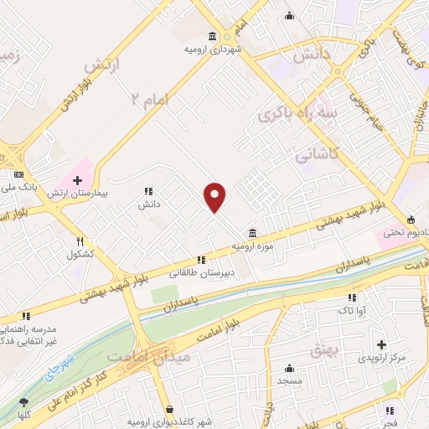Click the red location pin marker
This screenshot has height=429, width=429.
pyautogui.click(x=216, y=196)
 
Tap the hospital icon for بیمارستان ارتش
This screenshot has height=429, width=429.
pyautogui.click(x=76, y=179)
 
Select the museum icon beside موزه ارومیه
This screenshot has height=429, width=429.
pyautogui.click(x=252, y=233)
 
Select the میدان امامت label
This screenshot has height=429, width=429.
pyautogui.click(x=162, y=357)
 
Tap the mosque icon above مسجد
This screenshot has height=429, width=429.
pyautogui.click(x=289, y=368)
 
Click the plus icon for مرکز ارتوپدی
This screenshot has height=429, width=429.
pyautogui.click(x=381, y=344)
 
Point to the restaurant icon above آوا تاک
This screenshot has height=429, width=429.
pyautogui.click(x=351, y=297)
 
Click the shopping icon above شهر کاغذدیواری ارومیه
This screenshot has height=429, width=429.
pyautogui.click(x=170, y=410)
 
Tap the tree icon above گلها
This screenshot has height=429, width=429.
pyautogui.click(x=23, y=403)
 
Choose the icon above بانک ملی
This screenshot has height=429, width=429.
pyautogui.click(x=19, y=174)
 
